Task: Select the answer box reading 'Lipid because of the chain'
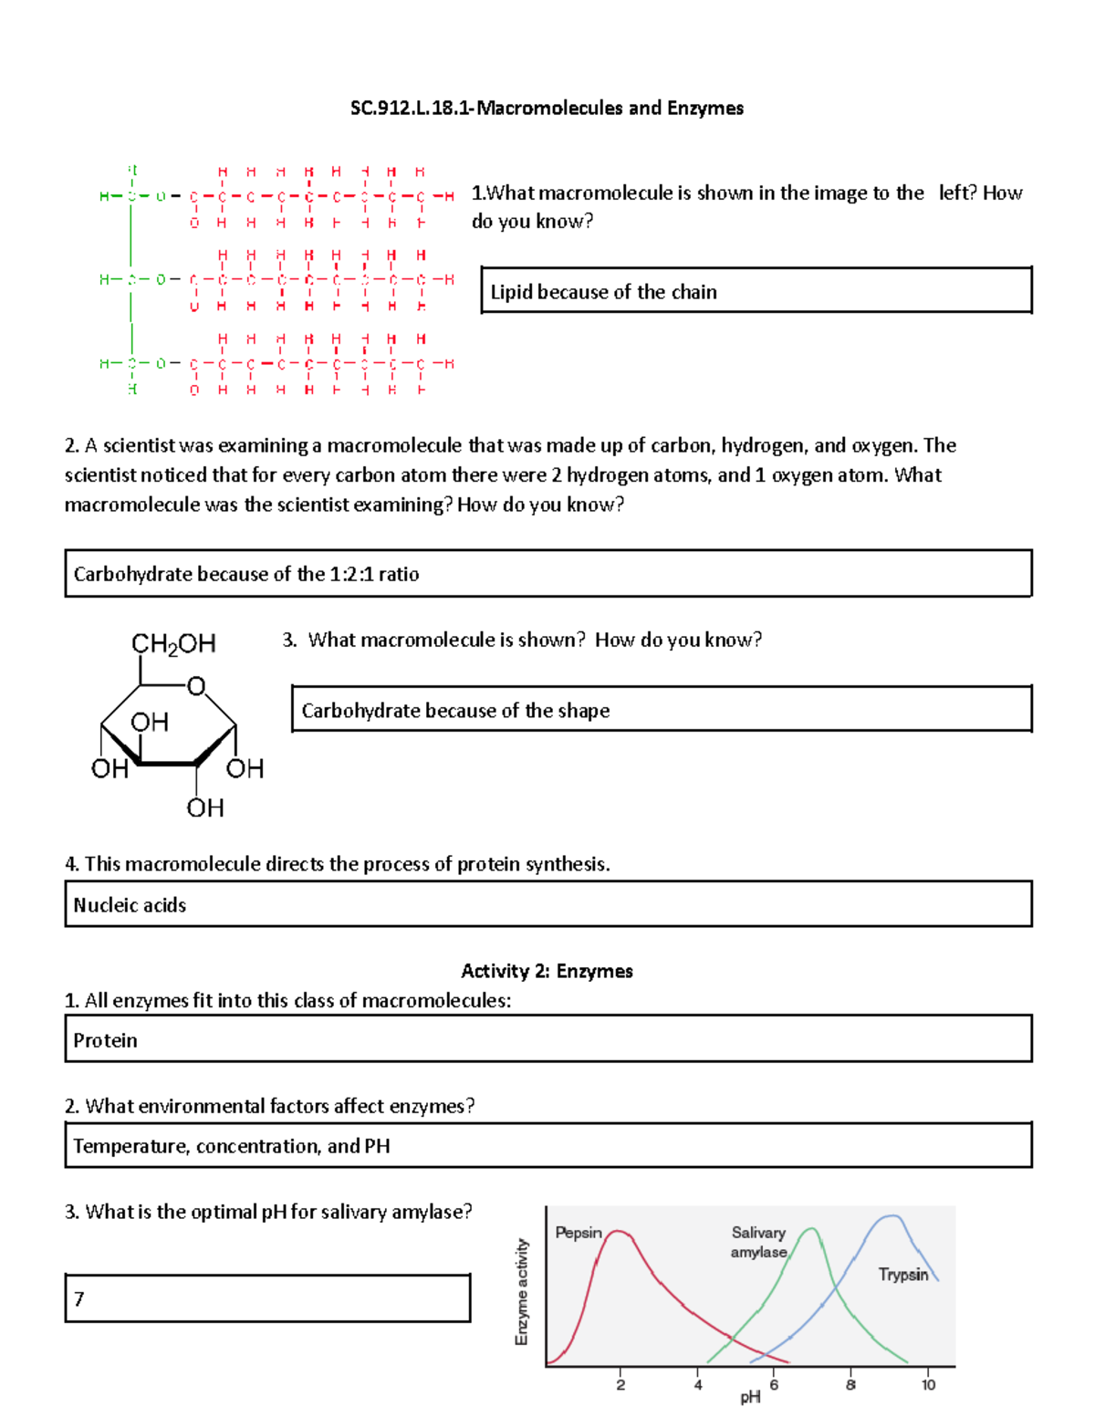[x=603, y=292]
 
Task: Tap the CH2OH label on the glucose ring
[x=173, y=644]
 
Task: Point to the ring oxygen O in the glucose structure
[x=195, y=686]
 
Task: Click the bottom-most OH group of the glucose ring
[x=205, y=807]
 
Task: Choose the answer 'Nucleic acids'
[x=130, y=905]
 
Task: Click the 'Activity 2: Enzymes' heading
[x=547, y=971]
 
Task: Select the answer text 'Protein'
[x=106, y=1040]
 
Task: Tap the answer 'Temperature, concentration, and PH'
[x=232, y=1146]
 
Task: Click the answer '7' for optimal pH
[x=79, y=1298]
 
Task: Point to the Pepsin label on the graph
[x=579, y=1233]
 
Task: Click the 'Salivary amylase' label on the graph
[x=758, y=1242]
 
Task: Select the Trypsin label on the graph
[x=902, y=1274]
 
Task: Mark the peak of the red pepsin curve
[x=619, y=1231]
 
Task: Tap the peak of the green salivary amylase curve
[x=810, y=1229]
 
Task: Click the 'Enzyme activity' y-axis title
[x=522, y=1291]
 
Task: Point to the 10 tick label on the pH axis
[x=928, y=1385]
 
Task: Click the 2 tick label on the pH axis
[x=620, y=1385]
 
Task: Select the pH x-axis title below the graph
[x=750, y=1397]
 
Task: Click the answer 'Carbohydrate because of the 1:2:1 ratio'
[x=246, y=574]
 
